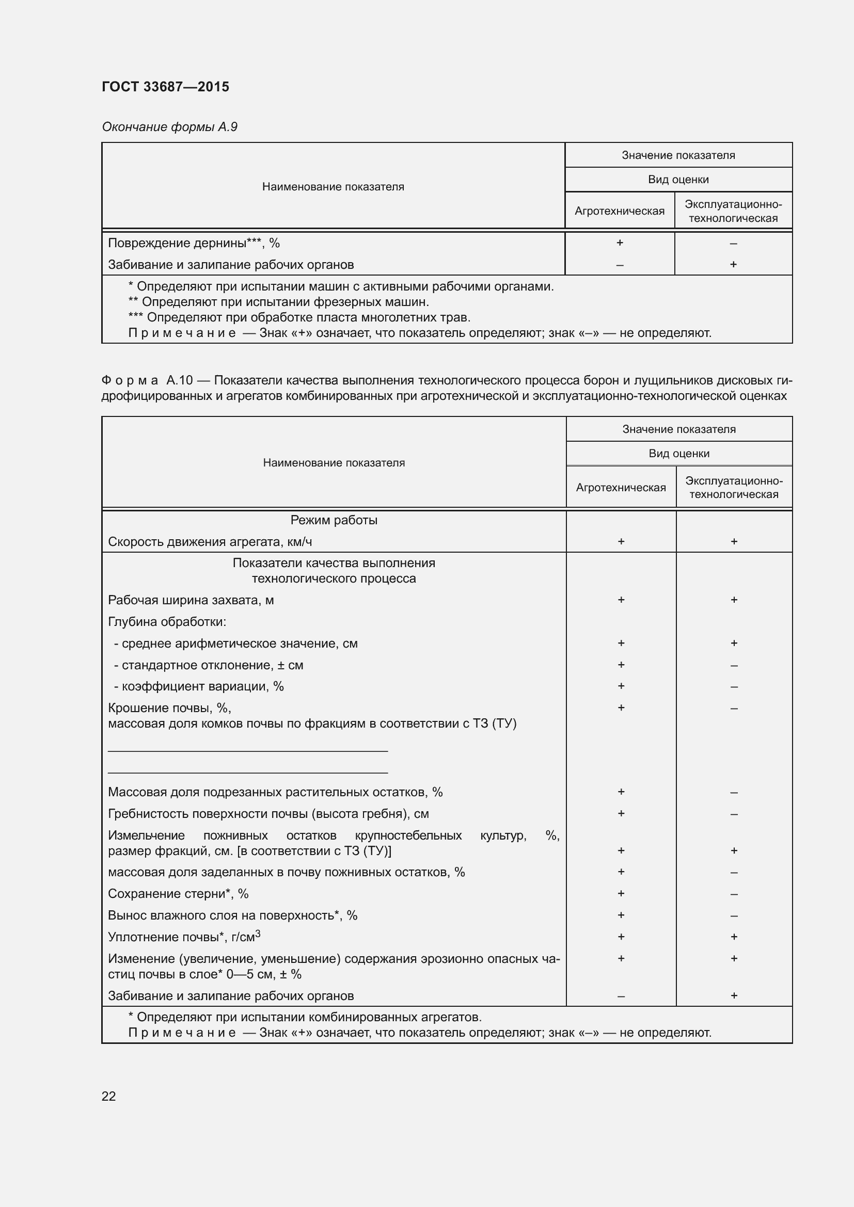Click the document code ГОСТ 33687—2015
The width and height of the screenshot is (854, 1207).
165,87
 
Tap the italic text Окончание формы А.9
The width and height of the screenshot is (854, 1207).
169,127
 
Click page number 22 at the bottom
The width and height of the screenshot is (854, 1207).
108,1096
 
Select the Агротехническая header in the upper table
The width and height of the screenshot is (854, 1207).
620,211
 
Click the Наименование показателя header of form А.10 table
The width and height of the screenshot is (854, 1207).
334,462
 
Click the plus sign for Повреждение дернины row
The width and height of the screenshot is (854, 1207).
620,243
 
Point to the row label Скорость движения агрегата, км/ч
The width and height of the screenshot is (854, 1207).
210,541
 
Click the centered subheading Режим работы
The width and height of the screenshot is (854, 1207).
334,520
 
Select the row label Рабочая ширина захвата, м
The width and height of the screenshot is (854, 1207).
191,600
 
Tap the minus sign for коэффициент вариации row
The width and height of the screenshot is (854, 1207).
734,686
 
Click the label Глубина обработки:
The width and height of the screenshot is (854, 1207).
167,622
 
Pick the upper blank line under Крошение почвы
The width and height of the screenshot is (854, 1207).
248,751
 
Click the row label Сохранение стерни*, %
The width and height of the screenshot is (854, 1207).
178,894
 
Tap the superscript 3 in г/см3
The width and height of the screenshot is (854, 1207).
258,934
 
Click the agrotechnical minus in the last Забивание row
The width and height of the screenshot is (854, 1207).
621,996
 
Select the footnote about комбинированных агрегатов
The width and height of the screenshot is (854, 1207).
305,1017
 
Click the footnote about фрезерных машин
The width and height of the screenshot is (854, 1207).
279,302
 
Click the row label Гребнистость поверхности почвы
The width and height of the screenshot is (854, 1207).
268,814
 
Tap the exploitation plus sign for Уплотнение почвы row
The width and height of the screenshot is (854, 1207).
734,937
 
